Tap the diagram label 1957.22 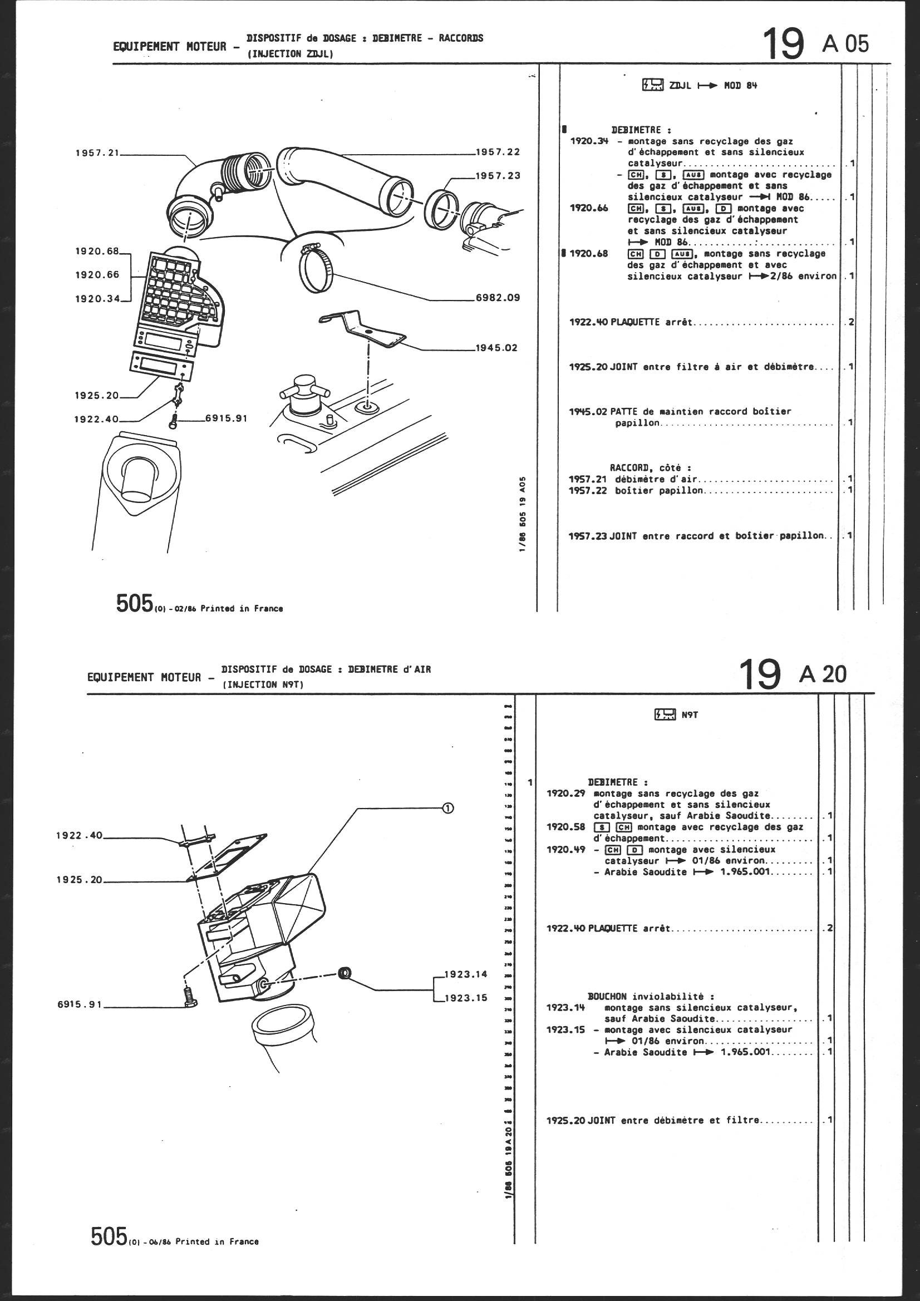[497, 152]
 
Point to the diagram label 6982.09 [497, 298]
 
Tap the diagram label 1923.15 [465, 998]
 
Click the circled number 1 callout [447, 808]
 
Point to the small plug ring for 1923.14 [343, 973]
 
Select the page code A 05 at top [845, 44]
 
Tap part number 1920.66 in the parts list [589, 209]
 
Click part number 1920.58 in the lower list [565, 827]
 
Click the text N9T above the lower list [689, 715]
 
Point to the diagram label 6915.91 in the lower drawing [80, 1004]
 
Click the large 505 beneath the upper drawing [134, 603]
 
